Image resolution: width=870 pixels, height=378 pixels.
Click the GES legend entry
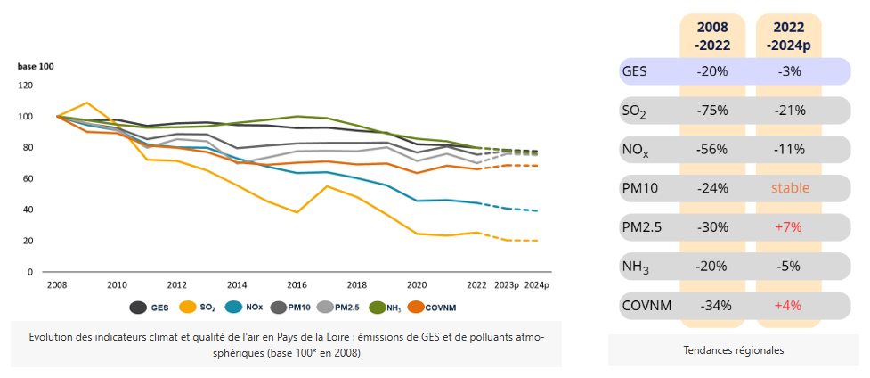click(150, 307)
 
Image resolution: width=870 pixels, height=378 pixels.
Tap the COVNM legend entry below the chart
click(427, 307)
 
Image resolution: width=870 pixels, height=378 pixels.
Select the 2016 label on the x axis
click(296, 285)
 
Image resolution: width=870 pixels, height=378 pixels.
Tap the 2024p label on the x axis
click(536, 285)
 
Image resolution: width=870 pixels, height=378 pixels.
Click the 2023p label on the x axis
click(507, 285)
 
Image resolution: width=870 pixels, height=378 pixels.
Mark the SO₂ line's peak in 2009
click(86, 103)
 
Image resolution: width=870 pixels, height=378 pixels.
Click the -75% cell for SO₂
click(712, 111)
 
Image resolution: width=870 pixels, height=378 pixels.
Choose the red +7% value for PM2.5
click(788, 227)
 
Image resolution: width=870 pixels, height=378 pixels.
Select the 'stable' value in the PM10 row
click(788, 188)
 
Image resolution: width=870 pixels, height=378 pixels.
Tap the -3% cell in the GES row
click(788, 71)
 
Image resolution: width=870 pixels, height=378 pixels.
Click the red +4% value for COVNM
click(788, 305)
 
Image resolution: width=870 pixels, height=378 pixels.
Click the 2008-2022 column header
click(712, 36)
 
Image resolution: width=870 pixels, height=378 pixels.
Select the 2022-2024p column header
click(788, 36)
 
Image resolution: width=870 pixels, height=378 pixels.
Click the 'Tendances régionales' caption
click(733, 350)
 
